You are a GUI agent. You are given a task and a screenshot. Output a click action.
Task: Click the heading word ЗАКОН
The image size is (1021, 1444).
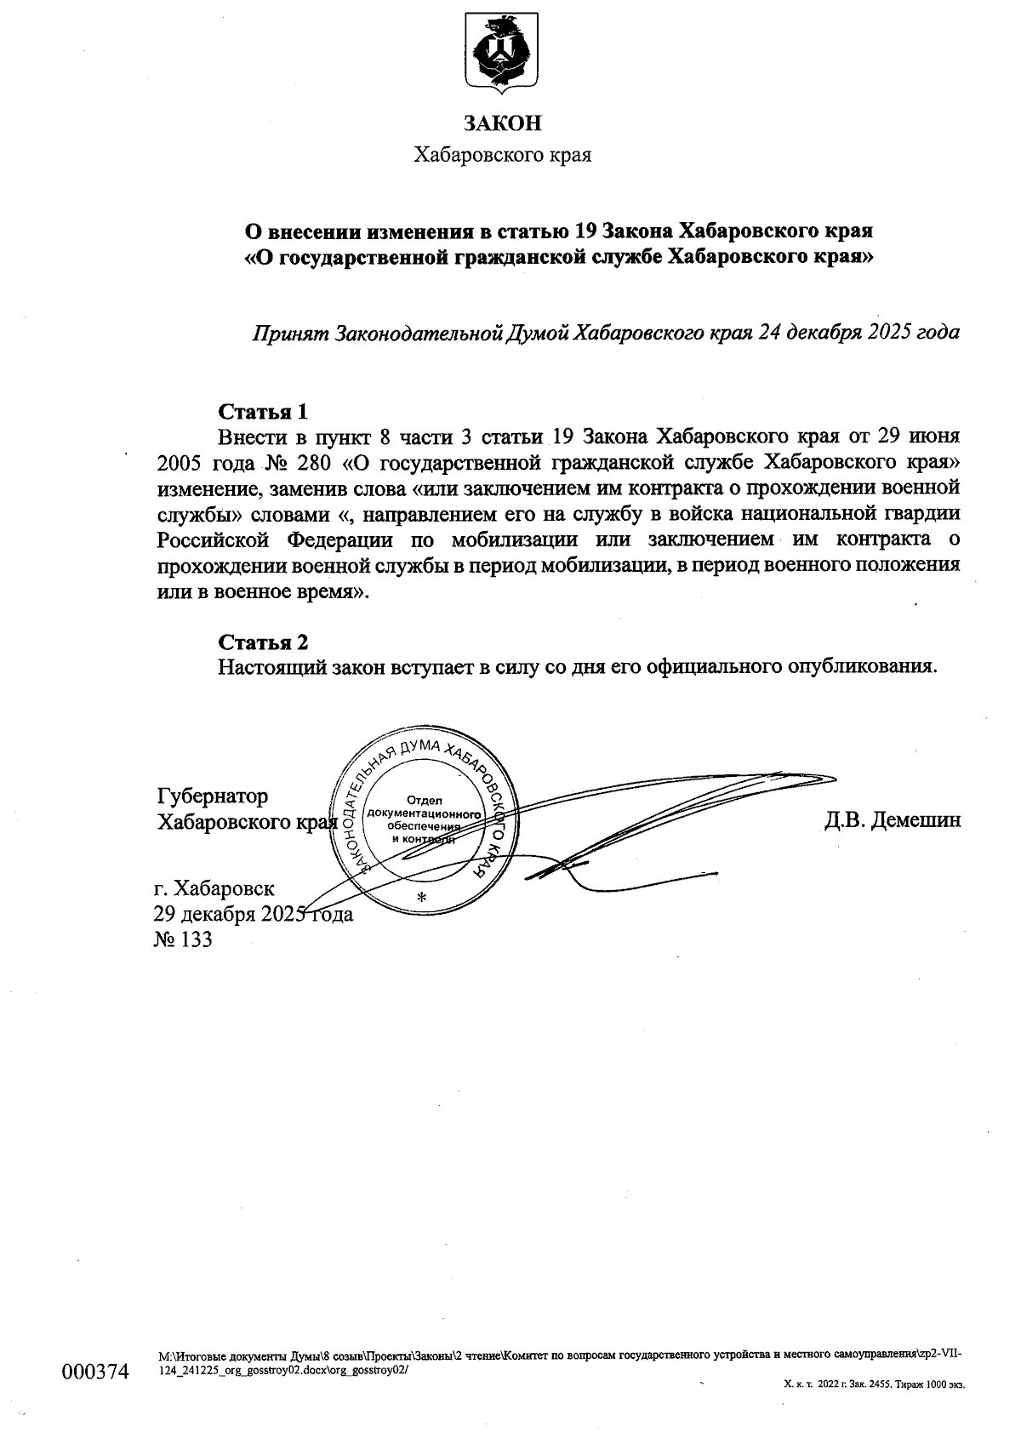click(502, 124)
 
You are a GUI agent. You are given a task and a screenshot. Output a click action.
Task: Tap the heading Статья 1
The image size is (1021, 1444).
click(263, 412)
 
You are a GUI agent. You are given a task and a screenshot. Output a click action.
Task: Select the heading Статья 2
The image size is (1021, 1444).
click(263, 642)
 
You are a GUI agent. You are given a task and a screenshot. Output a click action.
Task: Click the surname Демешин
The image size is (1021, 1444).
click(920, 820)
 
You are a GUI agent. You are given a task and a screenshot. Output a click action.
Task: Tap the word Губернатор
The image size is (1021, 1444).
click(213, 796)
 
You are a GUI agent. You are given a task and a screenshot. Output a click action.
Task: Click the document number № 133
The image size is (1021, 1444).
click(182, 940)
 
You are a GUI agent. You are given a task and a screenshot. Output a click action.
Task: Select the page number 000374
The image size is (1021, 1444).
click(94, 1373)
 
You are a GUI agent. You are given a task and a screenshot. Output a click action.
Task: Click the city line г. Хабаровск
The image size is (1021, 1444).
click(214, 889)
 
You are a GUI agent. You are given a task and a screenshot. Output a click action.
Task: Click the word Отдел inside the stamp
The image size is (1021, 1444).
click(421, 800)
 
